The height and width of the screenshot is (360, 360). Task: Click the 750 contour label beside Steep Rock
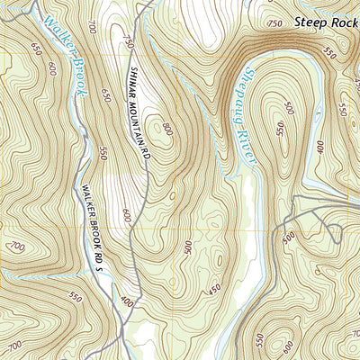(275, 22)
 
